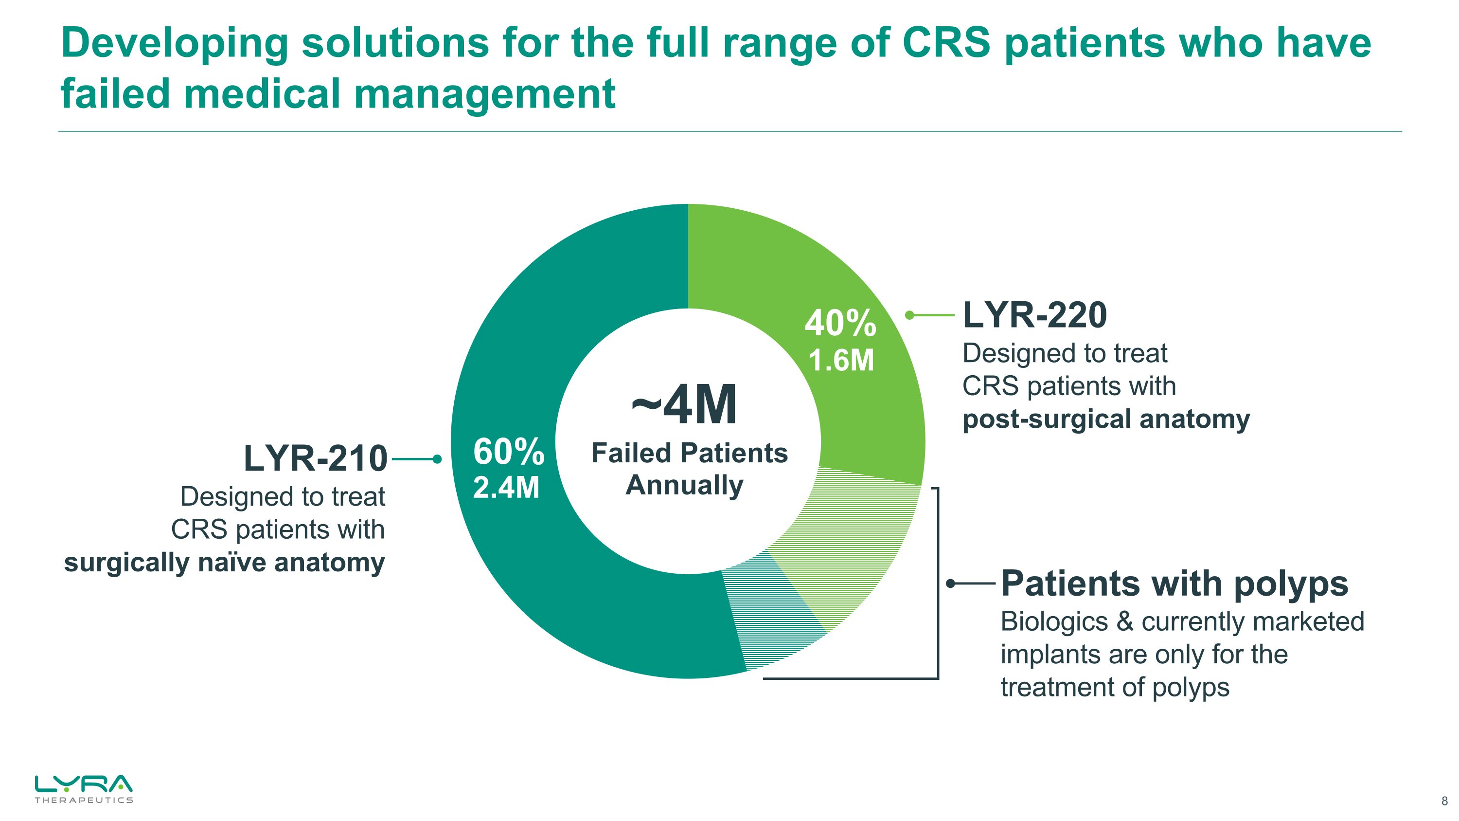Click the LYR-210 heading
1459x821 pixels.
(x=316, y=458)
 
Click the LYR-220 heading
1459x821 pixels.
(x=1034, y=315)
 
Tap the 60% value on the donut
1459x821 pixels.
(x=508, y=452)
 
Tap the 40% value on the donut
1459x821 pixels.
(x=840, y=324)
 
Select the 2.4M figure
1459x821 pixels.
(x=506, y=488)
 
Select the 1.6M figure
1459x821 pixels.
(x=841, y=360)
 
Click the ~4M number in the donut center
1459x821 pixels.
(x=684, y=405)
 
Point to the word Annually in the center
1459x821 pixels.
(x=684, y=485)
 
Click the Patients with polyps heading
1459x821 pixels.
(x=1174, y=583)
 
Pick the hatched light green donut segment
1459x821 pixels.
(x=844, y=544)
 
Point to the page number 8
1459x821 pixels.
(x=1444, y=801)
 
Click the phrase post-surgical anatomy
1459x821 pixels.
(x=1105, y=420)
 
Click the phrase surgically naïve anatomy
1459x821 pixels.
(x=224, y=563)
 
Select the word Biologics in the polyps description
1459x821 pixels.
(x=1053, y=621)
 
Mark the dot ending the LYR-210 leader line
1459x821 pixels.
(x=437, y=459)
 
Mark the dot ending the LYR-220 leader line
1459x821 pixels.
(x=909, y=315)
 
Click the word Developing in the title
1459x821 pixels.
(x=174, y=44)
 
